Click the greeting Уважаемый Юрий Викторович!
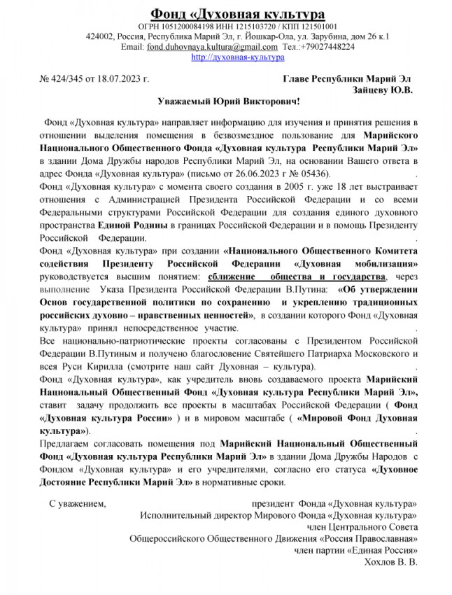pyautogui.click(x=225, y=103)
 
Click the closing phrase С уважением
pyautogui.click(x=77, y=503)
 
